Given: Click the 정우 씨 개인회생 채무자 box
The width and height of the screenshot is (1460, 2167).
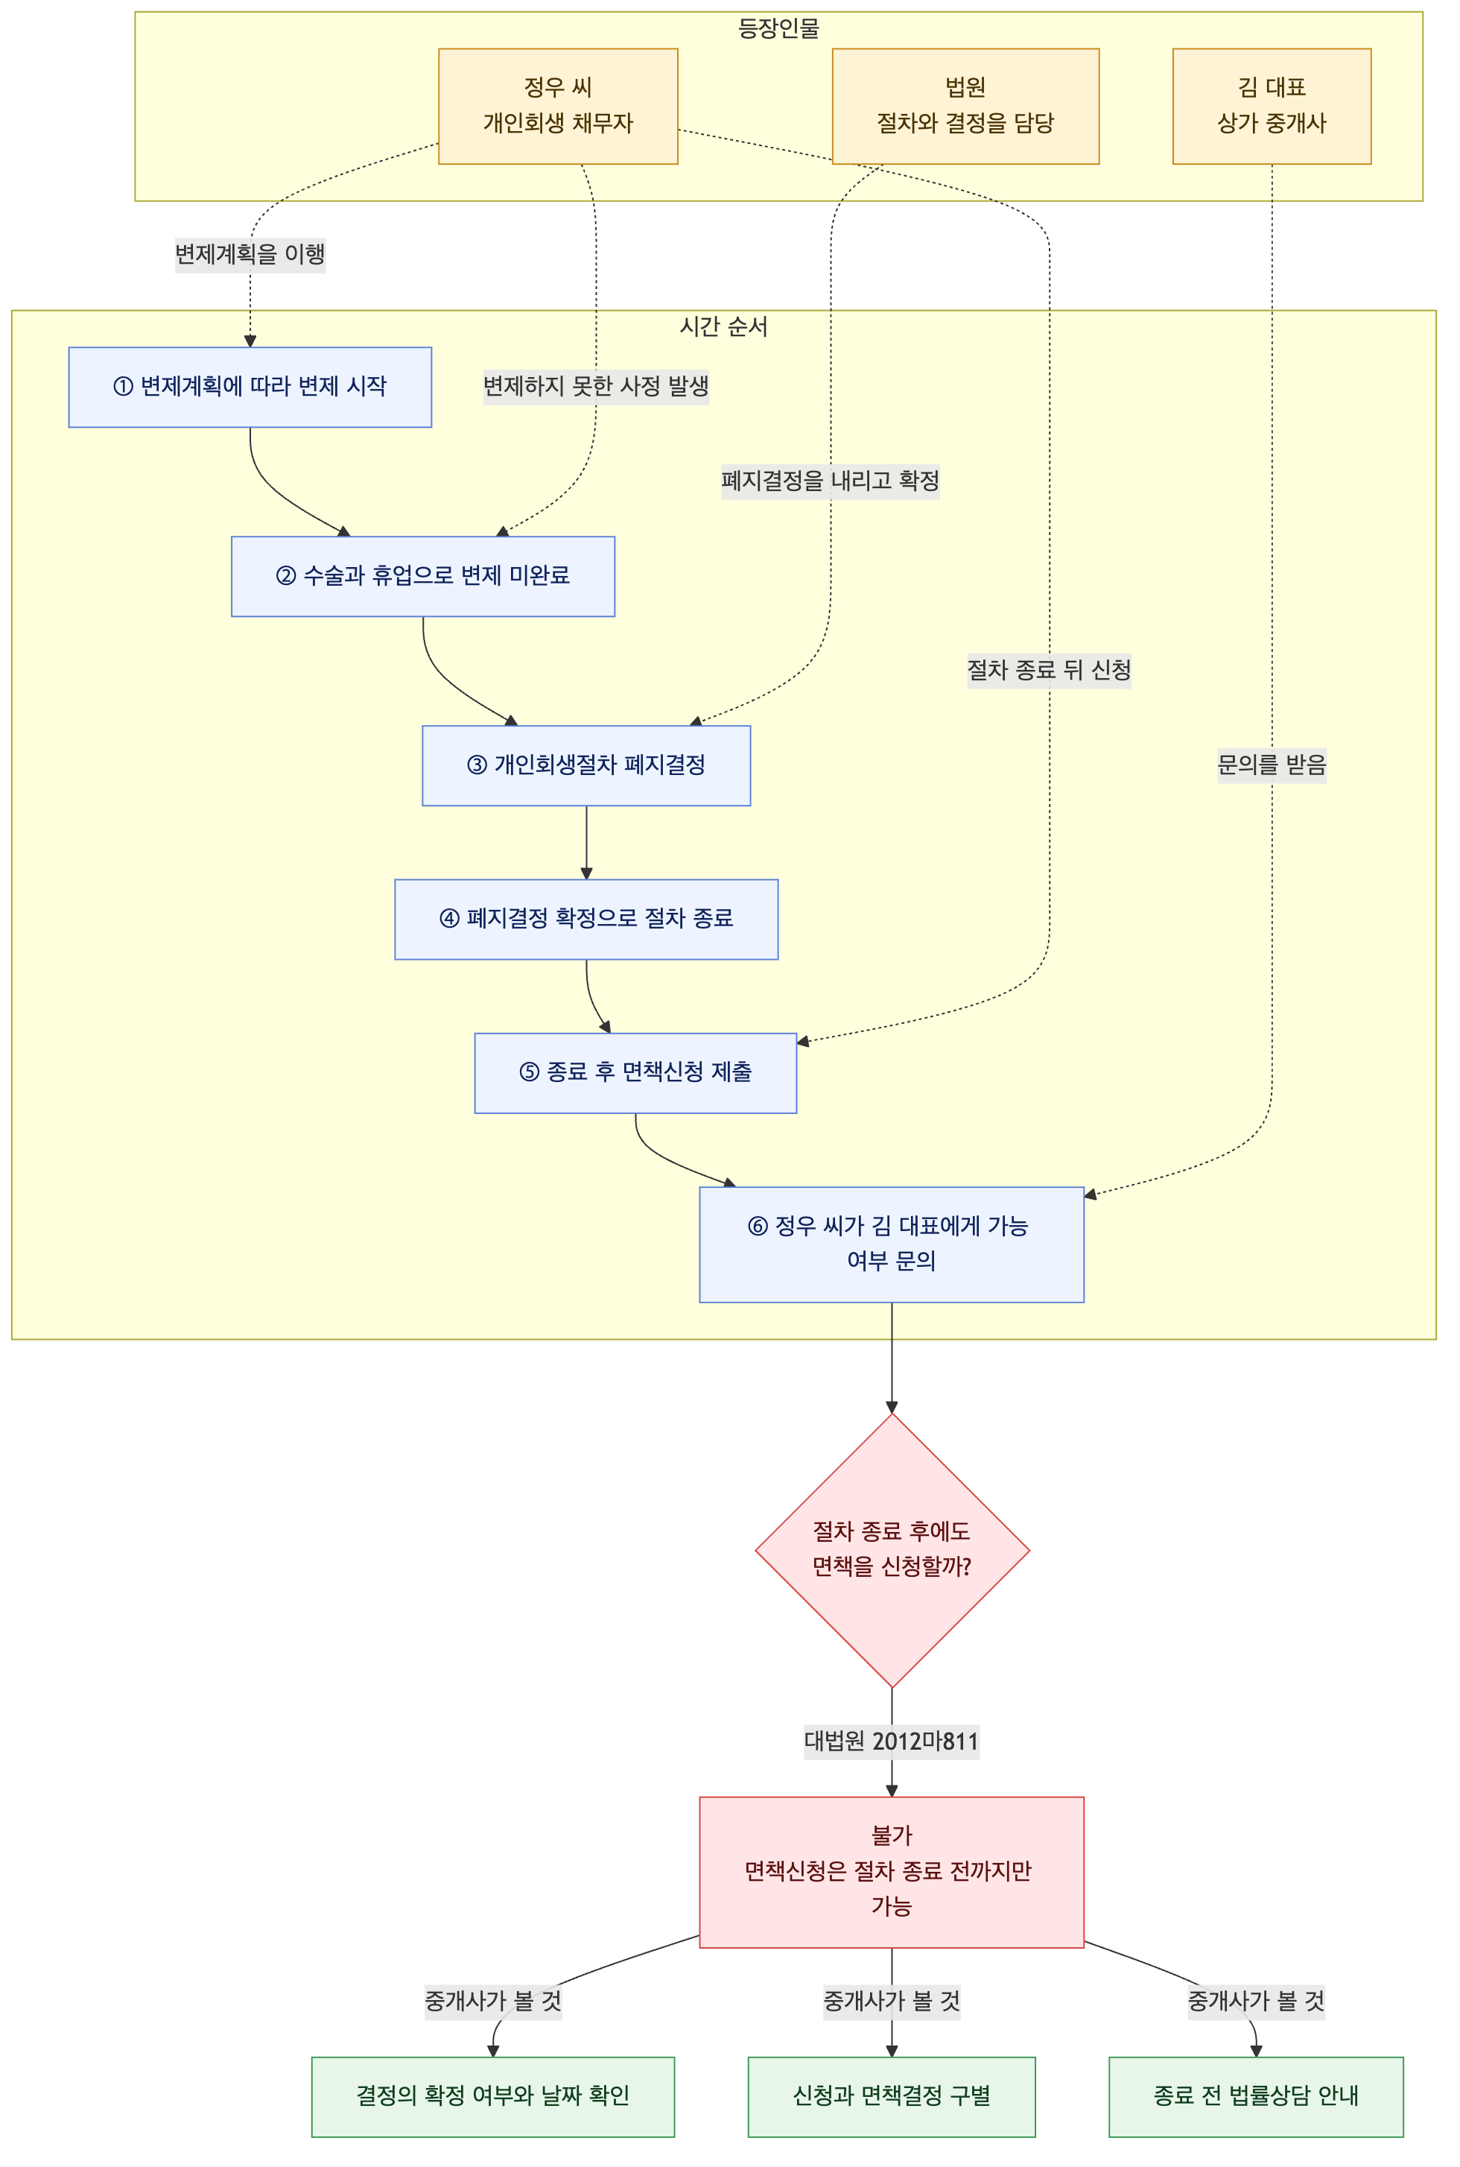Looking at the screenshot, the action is point(558,106).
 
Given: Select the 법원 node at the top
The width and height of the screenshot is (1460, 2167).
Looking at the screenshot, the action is point(965,106).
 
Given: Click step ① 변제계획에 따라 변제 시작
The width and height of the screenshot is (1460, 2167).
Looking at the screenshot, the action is point(250,387).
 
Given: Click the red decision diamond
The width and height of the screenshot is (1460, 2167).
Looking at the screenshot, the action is point(892,1551).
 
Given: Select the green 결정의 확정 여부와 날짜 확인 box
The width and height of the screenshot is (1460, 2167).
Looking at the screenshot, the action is point(492,2097).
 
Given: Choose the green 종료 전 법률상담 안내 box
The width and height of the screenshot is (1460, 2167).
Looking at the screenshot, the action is point(1255,2097).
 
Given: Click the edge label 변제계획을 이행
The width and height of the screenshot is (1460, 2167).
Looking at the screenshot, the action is point(250,254).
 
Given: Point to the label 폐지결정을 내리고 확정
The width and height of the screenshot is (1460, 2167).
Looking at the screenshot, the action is point(830,481).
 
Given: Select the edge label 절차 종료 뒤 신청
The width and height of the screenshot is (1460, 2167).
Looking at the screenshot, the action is point(1049,671).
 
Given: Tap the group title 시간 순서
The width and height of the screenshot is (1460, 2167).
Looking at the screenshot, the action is point(723,327).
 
